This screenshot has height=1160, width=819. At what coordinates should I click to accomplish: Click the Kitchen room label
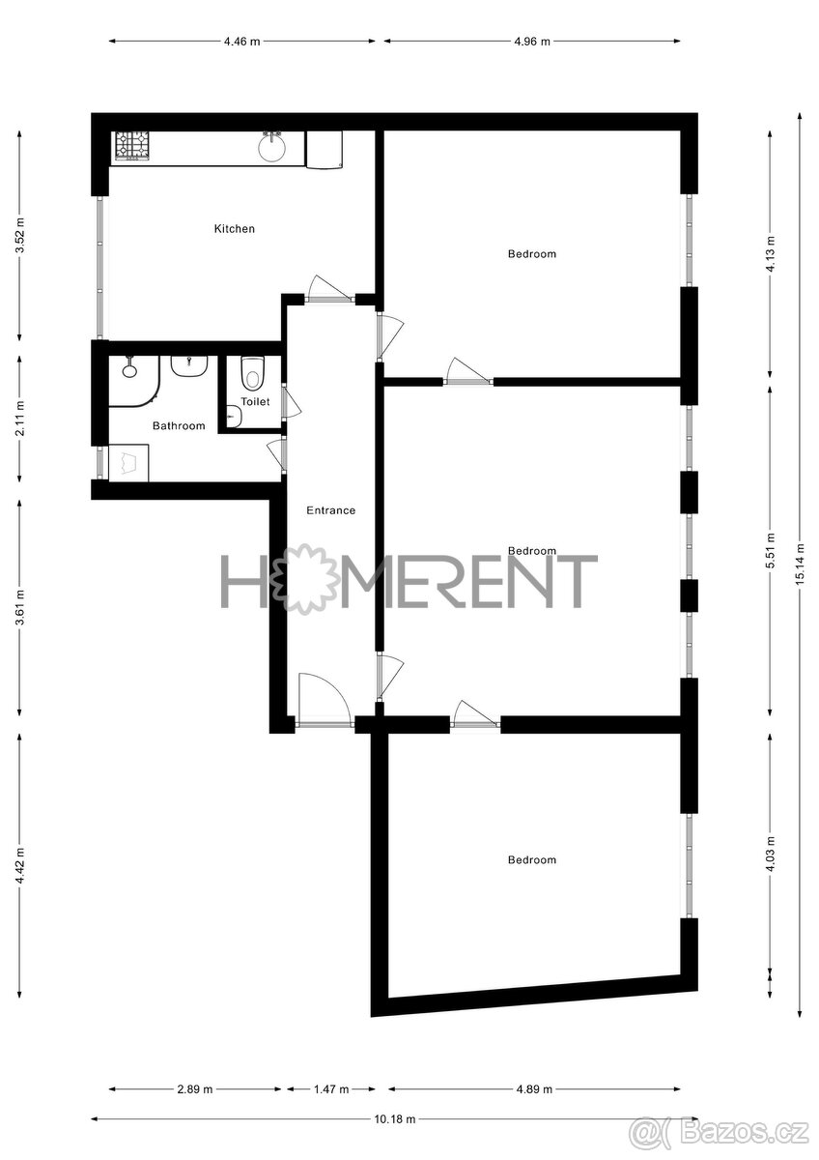(235, 229)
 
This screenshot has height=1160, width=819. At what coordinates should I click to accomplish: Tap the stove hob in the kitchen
(132, 145)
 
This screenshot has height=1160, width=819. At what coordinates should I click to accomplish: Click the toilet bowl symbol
(253, 372)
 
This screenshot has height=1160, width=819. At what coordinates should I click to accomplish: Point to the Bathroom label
(179, 425)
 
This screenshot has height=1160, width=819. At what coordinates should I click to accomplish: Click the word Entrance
(330, 510)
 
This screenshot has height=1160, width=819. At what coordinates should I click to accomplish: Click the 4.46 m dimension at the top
(241, 42)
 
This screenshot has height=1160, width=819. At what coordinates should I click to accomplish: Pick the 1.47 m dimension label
(330, 1089)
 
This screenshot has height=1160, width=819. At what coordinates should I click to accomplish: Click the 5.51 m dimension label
(770, 551)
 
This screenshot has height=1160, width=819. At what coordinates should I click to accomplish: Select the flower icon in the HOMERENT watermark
(305, 579)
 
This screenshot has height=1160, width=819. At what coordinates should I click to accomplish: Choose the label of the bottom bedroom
(532, 860)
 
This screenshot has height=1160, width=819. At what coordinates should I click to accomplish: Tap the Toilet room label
(255, 401)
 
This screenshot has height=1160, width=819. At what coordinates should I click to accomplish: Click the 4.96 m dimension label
(531, 42)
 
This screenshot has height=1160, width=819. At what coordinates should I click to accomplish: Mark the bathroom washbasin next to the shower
(190, 365)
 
